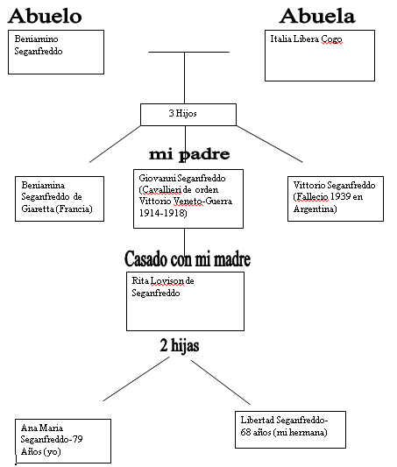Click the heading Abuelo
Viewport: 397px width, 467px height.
click(45, 16)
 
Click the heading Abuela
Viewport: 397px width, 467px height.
click(317, 16)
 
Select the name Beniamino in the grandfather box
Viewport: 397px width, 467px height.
click(36, 39)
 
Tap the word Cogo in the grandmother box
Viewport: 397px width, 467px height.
click(331, 39)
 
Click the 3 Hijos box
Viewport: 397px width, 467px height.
click(188, 115)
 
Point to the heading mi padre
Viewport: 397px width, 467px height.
click(189, 154)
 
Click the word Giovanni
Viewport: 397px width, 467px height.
click(157, 179)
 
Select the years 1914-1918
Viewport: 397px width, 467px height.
click(163, 213)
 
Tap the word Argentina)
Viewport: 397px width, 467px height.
click(315, 209)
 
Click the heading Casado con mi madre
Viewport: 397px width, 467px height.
click(188, 259)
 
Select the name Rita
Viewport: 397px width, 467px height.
click(140, 281)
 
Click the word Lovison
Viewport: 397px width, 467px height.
click(167, 281)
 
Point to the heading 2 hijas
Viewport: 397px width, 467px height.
click(180, 346)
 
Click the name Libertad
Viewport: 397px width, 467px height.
click(258, 421)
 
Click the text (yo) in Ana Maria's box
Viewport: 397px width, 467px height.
click(53, 452)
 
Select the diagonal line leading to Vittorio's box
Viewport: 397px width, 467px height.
click(270, 144)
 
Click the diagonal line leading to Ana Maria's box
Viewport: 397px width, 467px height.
click(136, 379)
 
